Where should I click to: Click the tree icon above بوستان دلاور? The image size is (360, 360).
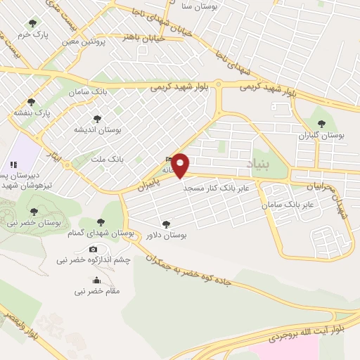tap(166, 224)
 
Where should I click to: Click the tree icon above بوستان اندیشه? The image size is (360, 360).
tap(97, 119)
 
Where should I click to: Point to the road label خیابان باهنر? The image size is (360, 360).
tap(144, 37)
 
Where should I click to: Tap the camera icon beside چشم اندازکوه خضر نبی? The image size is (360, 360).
tap(94, 249)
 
